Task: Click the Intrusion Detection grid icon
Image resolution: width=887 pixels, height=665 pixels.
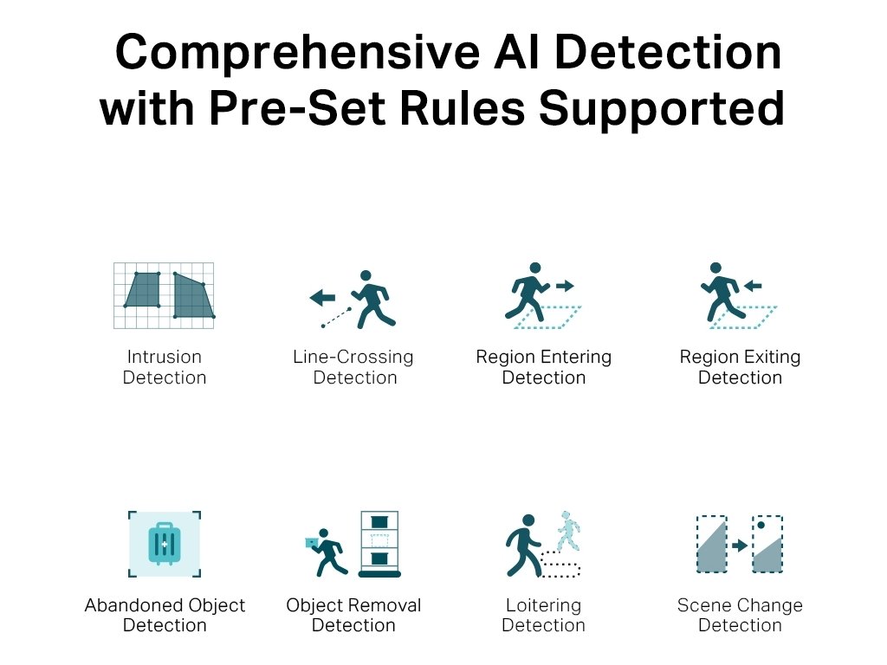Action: (x=165, y=295)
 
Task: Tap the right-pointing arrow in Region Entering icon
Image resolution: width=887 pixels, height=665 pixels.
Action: (x=564, y=285)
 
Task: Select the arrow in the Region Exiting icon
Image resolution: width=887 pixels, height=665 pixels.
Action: (x=752, y=284)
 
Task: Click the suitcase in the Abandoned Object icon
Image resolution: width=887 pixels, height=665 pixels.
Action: (x=164, y=543)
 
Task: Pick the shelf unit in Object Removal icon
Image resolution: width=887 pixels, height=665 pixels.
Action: (x=379, y=543)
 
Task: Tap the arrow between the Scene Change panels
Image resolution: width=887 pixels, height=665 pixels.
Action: (x=739, y=546)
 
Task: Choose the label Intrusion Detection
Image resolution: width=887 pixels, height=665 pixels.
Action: (x=165, y=367)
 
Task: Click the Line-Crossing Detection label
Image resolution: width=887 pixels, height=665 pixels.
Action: (x=353, y=367)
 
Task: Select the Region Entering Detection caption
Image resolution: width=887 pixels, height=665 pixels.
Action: (x=544, y=367)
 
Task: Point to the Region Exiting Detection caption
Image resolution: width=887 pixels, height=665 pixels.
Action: (x=740, y=367)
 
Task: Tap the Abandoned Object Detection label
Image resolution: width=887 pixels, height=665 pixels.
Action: (x=165, y=616)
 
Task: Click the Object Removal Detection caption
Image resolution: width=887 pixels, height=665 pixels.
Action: (x=353, y=616)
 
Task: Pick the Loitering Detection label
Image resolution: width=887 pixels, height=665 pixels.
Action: (x=544, y=616)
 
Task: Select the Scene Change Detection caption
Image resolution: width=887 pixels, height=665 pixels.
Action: (x=740, y=616)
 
